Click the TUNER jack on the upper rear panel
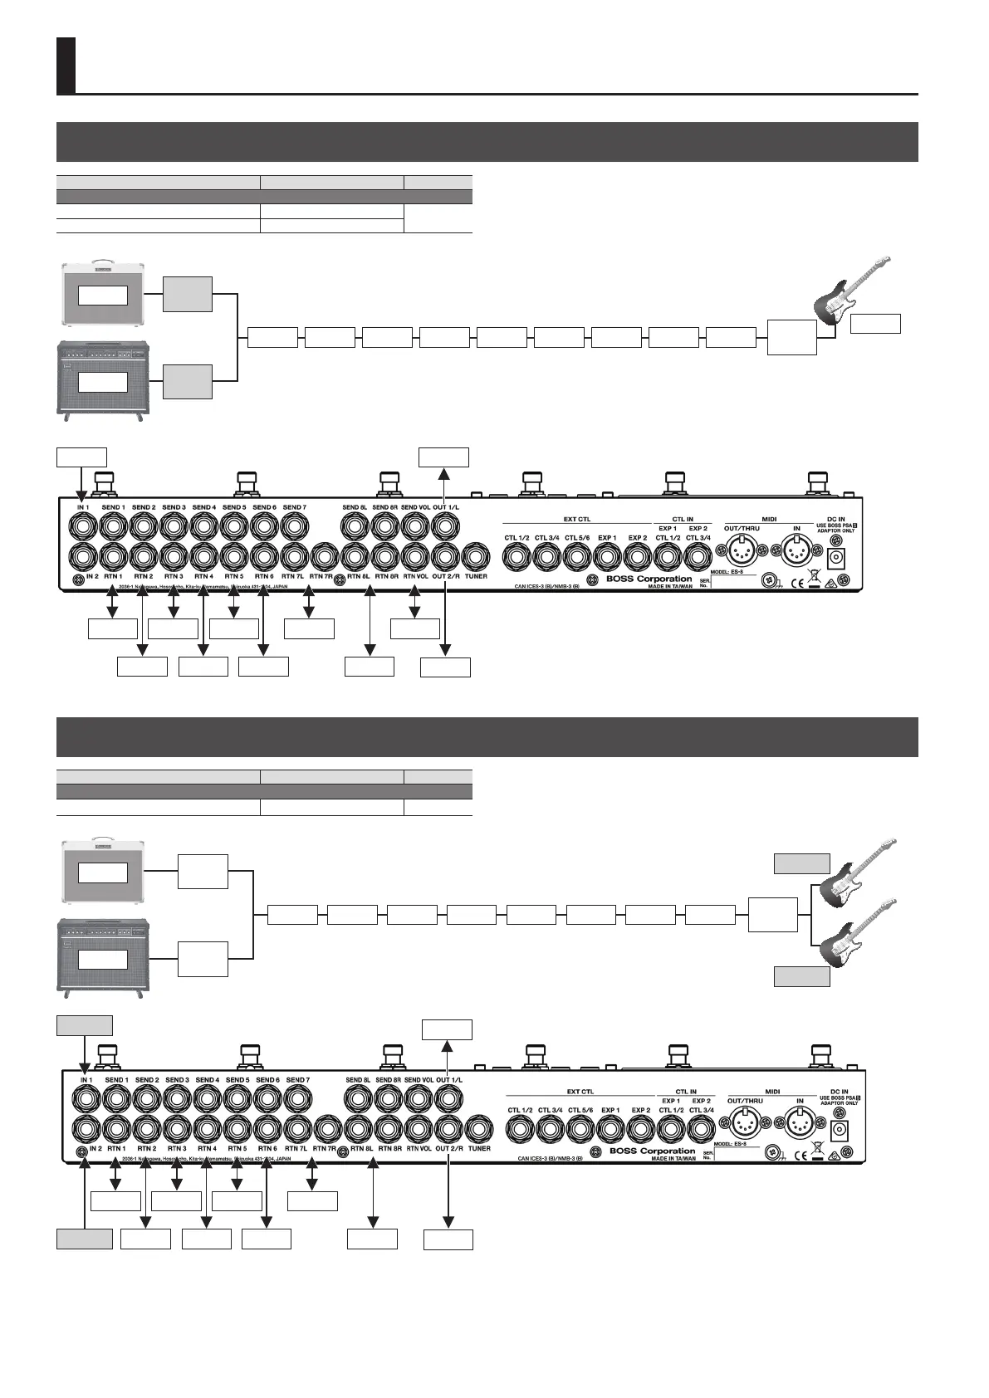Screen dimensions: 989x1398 pyautogui.click(x=476, y=555)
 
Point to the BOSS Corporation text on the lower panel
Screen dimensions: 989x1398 pyautogui.click(x=652, y=1151)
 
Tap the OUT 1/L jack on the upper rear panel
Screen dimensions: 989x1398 pyautogui.click(x=445, y=526)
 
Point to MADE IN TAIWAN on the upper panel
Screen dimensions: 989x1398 pyautogui.click(x=671, y=586)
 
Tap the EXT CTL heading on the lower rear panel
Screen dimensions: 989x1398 pyautogui.click(x=579, y=1091)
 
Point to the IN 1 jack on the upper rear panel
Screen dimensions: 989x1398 pyautogui.click(x=82, y=526)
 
